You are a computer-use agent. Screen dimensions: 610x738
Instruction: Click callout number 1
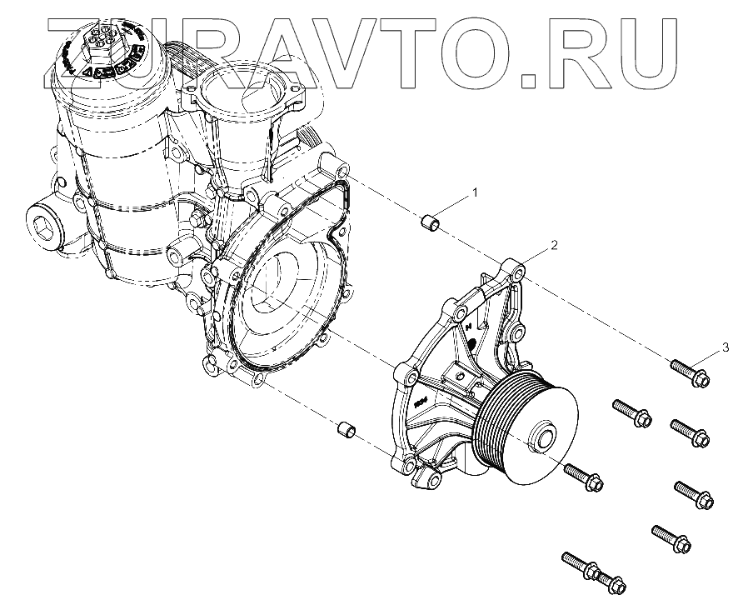[x=476, y=193]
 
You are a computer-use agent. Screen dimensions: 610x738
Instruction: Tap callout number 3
[x=726, y=346]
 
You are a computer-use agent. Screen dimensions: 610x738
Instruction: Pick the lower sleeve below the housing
[x=346, y=431]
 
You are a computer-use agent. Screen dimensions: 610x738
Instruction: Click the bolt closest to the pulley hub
[x=586, y=477]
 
